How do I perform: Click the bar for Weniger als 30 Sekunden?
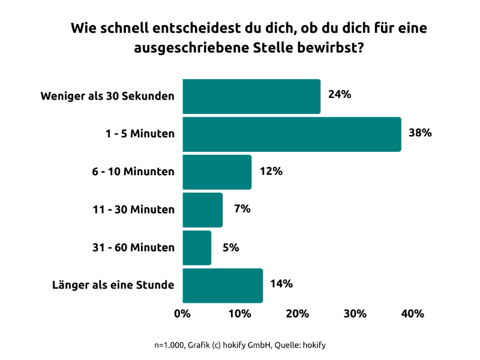(251, 97)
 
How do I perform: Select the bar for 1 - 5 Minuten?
(292, 134)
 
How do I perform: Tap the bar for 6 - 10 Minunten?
(217, 172)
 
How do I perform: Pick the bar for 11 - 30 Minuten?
(202, 210)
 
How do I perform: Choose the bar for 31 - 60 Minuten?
(197, 248)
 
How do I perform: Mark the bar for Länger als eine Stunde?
(223, 286)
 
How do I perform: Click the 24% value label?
(340, 95)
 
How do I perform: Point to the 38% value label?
(420, 133)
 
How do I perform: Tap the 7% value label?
(243, 209)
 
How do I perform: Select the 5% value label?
(232, 247)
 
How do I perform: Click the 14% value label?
(281, 284)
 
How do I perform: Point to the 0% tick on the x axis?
(182, 313)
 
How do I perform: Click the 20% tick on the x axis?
(298, 313)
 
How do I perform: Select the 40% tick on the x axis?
(413, 313)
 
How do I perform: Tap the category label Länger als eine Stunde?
(113, 285)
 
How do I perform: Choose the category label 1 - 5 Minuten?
(137, 134)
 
